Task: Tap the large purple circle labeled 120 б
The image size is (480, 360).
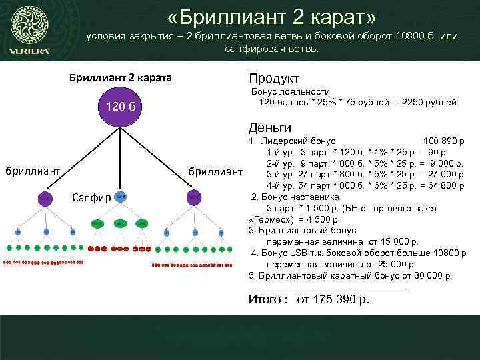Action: (120, 109)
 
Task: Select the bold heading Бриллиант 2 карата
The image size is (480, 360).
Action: (121, 78)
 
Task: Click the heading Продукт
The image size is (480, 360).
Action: (274, 78)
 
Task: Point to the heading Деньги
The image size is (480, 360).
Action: (269, 127)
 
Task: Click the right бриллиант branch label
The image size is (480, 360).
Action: (215, 171)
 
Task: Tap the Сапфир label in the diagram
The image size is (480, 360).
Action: (91, 197)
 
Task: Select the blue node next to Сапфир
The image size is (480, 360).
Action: (120, 197)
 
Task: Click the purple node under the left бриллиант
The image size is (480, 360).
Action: (44, 198)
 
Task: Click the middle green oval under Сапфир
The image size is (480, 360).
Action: (120, 224)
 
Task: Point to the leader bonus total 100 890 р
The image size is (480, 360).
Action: (444, 141)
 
